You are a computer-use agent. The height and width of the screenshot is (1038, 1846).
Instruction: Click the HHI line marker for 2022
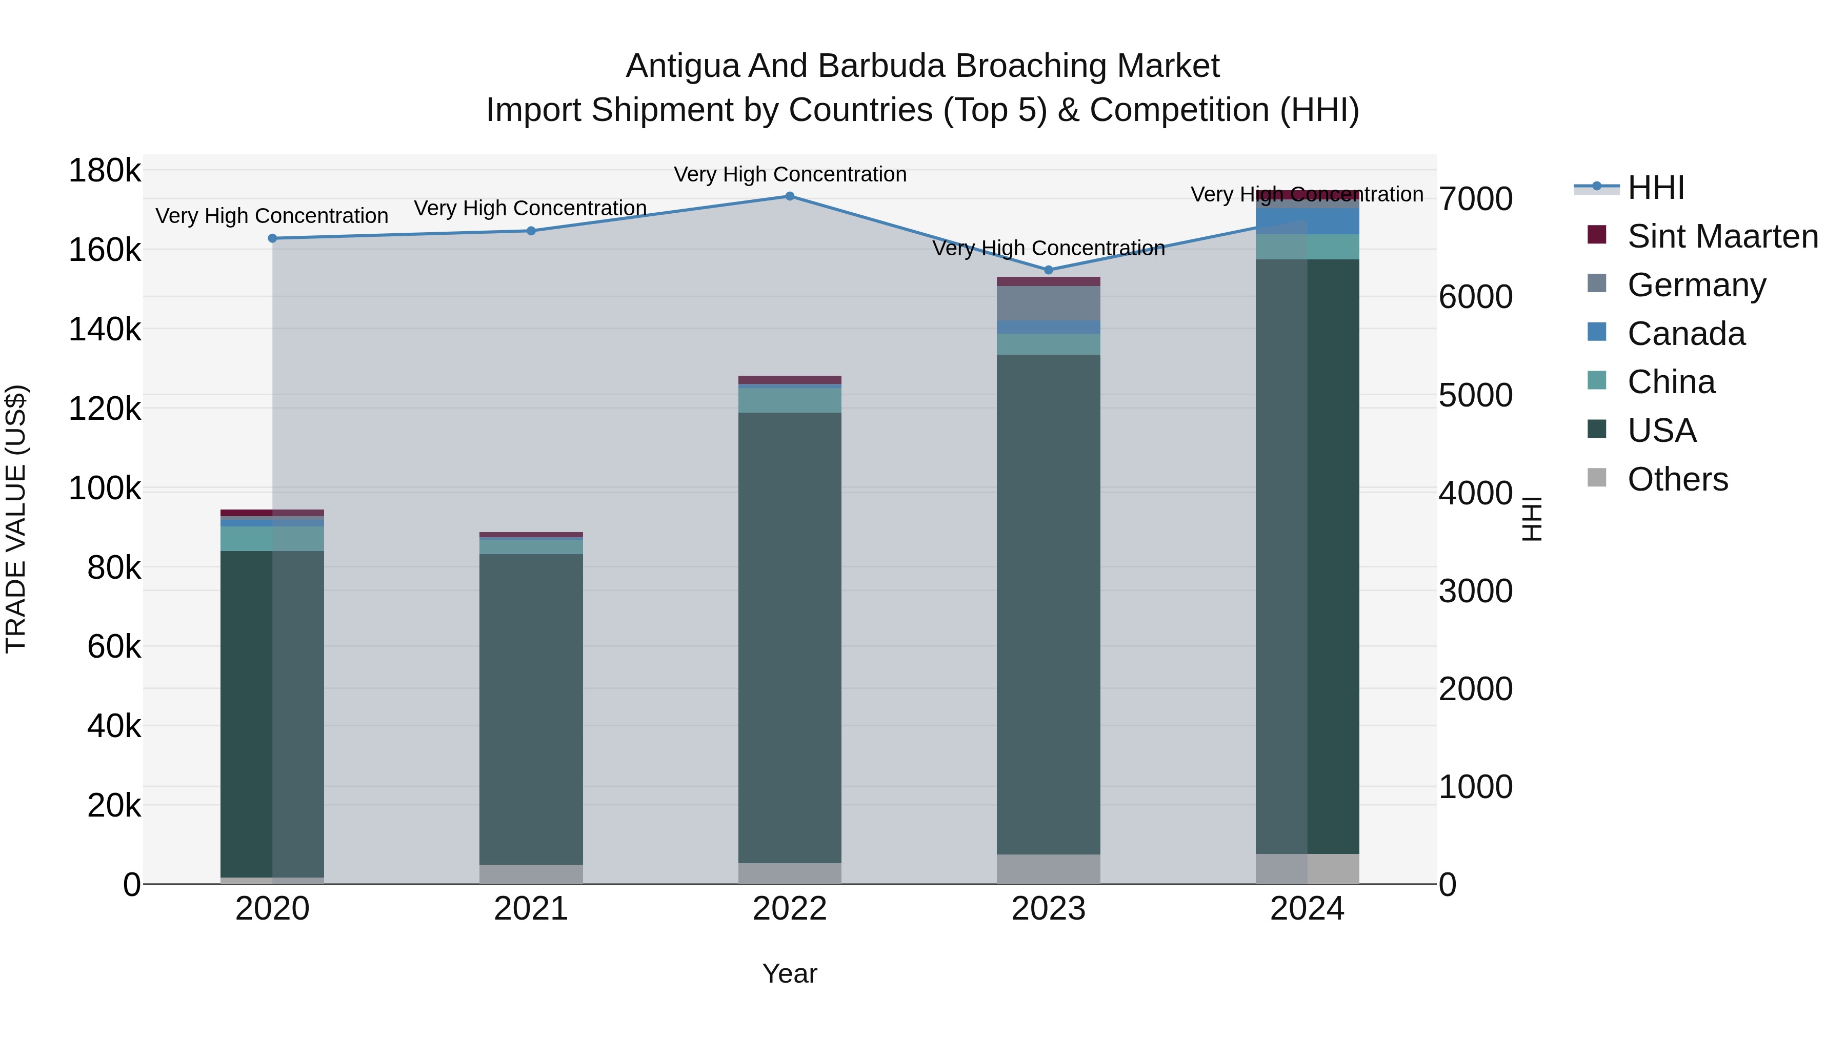[790, 196]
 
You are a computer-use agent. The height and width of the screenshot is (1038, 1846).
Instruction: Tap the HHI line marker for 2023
[1049, 270]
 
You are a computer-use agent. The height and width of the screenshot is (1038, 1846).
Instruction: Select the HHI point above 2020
[272, 238]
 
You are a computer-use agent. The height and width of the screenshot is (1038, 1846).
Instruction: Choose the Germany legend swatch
[1597, 283]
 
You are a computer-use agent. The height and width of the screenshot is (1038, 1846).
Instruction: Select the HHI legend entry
[1655, 188]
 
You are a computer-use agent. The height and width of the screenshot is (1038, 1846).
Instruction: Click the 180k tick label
[105, 171]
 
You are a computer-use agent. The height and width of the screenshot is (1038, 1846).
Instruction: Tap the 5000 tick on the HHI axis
[1475, 395]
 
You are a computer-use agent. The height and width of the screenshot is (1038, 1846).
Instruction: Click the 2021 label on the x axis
[531, 909]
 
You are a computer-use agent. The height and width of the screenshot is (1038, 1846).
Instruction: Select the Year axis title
[790, 973]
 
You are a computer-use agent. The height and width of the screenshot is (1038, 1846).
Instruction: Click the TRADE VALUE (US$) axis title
[16, 519]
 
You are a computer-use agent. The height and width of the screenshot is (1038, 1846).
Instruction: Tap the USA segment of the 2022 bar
[790, 638]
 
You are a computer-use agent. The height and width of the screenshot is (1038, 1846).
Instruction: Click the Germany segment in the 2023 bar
[1049, 303]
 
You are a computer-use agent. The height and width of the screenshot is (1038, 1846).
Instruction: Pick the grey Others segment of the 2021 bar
[531, 874]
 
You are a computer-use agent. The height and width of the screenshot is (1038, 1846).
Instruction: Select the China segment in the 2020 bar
[272, 539]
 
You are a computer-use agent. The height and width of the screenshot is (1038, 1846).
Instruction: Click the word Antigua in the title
[682, 66]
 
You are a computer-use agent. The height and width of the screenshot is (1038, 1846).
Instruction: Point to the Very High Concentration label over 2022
[790, 174]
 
